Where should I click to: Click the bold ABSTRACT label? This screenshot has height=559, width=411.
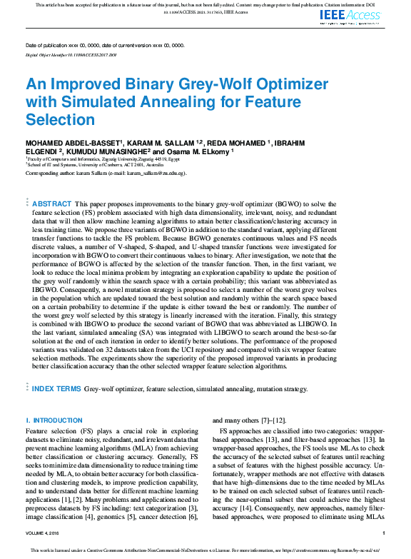coord(52,203)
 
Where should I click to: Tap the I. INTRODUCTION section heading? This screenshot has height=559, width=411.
coord(54,420)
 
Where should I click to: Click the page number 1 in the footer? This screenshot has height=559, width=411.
coord(384,533)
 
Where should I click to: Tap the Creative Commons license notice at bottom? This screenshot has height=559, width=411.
coord(205,551)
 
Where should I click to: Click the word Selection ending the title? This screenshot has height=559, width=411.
coord(60,119)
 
